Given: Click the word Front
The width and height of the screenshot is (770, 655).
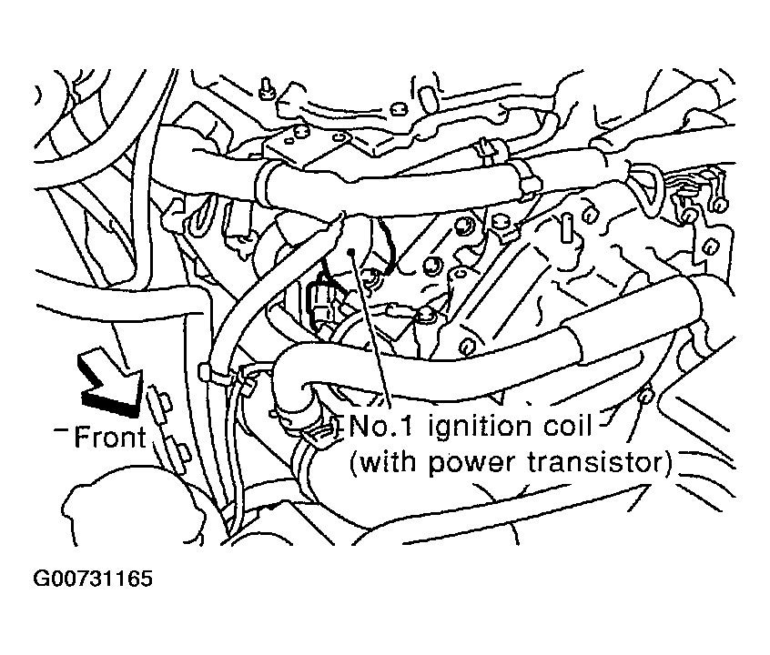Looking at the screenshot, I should coord(110,438).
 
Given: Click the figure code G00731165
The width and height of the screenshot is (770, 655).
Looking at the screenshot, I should coord(94,579).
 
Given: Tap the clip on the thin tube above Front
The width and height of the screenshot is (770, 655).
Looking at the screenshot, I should coord(208,371).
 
